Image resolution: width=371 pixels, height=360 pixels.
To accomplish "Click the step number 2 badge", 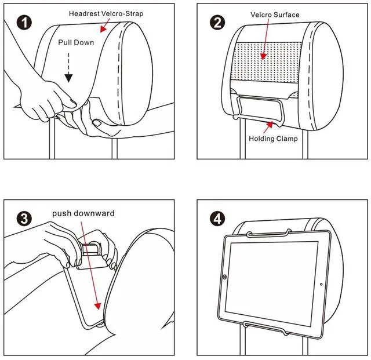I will (x=218, y=23).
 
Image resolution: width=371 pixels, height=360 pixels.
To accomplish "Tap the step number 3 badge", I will (x=24, y=219).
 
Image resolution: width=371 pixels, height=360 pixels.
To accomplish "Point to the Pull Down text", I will (x=76, y=43).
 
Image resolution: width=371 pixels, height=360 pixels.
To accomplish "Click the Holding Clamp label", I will (x=273, y=139).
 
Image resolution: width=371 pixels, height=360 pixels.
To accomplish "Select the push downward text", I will (x=83, y=213).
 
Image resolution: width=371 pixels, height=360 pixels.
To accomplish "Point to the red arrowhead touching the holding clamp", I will (x=269, y=123).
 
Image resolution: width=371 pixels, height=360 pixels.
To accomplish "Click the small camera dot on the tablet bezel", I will (x=321, y=284).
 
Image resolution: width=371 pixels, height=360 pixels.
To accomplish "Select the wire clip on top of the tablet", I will (x=267, y=234).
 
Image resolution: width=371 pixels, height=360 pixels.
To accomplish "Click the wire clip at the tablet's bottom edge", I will (x=267, y=333).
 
